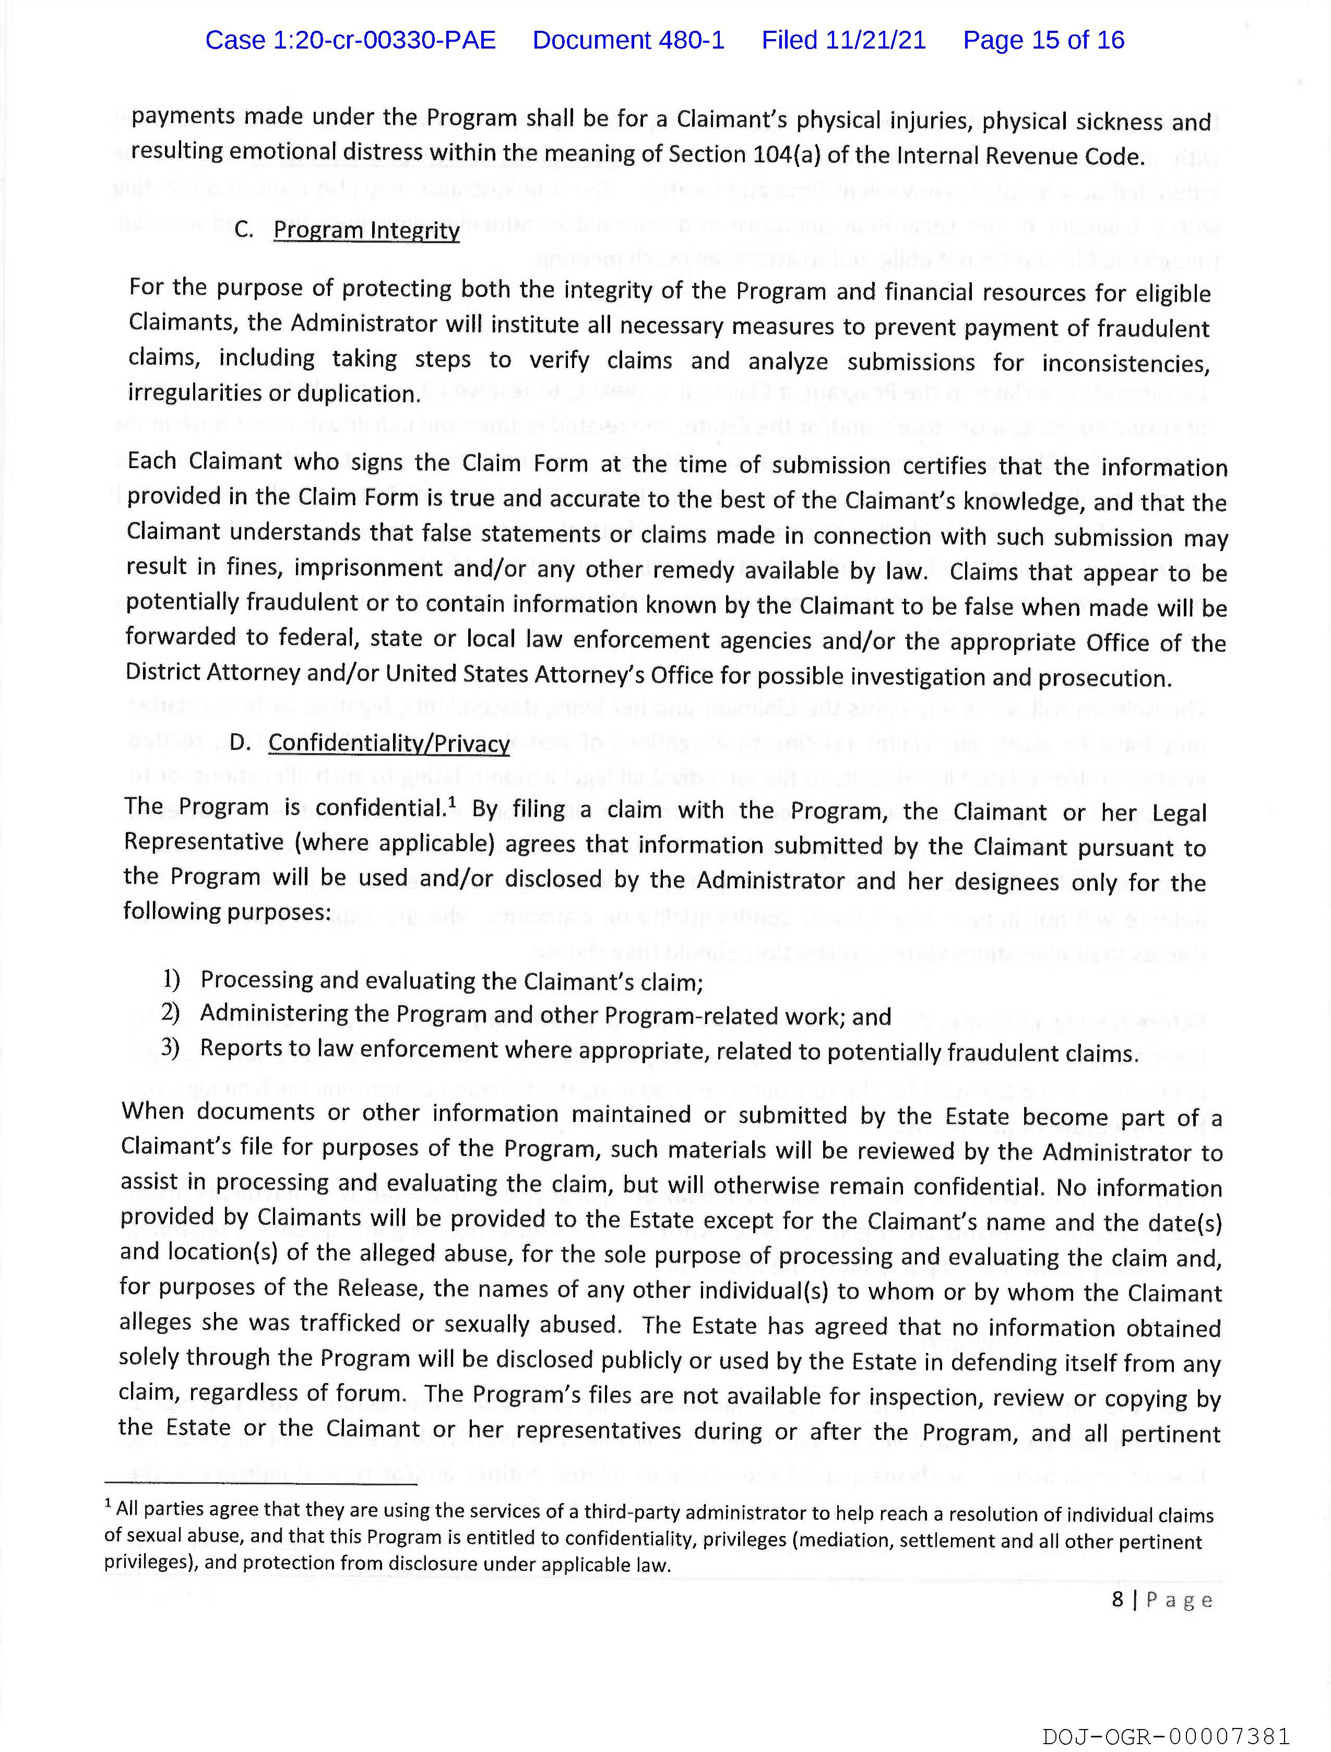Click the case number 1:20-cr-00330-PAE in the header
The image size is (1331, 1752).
pos(350,40)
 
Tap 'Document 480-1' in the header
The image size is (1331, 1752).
pos(628,40)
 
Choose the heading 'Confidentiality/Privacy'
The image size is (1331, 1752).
pos(389,743)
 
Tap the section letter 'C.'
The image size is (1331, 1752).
pos(244,230)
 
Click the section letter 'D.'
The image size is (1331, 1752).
pos(239,742)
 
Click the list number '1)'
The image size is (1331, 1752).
pos(172,979)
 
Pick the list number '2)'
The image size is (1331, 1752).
pos(171,1013)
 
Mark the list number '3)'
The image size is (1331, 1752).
pos(171,1048)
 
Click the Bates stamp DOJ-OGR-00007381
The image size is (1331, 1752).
pos(1166,1736)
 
